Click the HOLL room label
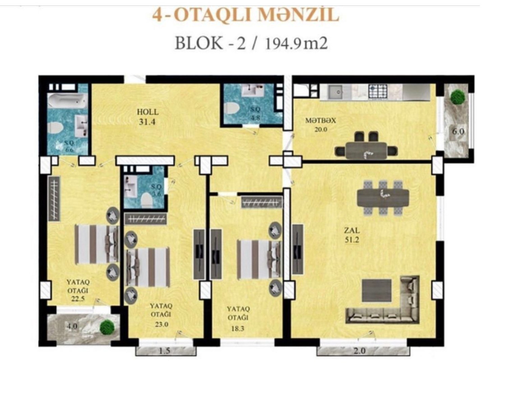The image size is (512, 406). pyautogui.click(x=148, y=112)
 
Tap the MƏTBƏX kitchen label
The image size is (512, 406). pyautogui.click(x=321, y=120)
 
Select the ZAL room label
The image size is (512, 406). pyautogui.click(x=352, y=230)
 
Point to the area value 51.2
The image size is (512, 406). pyautogui.click(x=352, y=240)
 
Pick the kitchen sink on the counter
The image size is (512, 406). pyautogui.click(x=335, y=92)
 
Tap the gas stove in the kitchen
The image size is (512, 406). pyautogui.click(x=378, y=91)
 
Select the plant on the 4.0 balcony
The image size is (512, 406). pyautogui.click(x=107, y=327)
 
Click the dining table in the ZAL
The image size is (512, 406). pyautogui.click(x=383, y=198)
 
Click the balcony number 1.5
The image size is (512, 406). pyautogui.click(x=165, y=351)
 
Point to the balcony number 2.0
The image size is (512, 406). pyautogui.click(x=359, y=351)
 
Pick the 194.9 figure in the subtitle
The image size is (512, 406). pyautogui.click(x=283, y=44)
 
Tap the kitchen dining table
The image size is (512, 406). pyautogui.click(x=366, y=150)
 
